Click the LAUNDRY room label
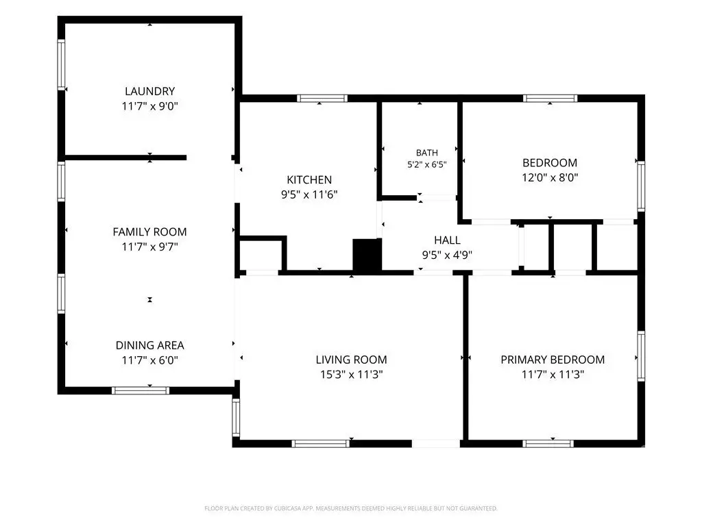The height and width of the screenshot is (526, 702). click(149, 91)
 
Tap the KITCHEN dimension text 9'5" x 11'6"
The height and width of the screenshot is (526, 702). click(309, 195)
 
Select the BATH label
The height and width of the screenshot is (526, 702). click(426, 153)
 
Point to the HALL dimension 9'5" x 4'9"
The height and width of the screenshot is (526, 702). click(447, 255)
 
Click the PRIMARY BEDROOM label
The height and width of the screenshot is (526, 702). click(553, 360)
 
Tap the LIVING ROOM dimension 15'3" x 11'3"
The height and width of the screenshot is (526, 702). click(351, 375)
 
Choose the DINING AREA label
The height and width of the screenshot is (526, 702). click(149, 345)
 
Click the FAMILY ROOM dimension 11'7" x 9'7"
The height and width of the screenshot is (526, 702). click(149, 247)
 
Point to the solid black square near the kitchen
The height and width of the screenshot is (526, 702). click(367, 255)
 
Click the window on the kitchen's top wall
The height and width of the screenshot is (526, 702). click(322, 99)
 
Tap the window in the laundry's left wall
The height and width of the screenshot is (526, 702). click(61, 65)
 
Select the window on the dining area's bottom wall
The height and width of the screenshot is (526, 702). click(141, 390)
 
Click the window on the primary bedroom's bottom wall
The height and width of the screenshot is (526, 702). click(548, 444)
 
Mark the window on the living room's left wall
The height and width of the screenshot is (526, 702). click(236, 417)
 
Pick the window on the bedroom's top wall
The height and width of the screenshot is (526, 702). click(550, 99)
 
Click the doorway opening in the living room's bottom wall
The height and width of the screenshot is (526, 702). click(435, 444)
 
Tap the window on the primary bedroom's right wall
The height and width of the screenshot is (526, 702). click(641, 356)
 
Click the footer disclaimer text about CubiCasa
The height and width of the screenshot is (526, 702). click(351, 508)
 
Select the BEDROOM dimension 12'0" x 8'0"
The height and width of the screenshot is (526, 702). click(550, 177)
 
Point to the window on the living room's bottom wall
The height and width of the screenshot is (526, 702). click(321, 444)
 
